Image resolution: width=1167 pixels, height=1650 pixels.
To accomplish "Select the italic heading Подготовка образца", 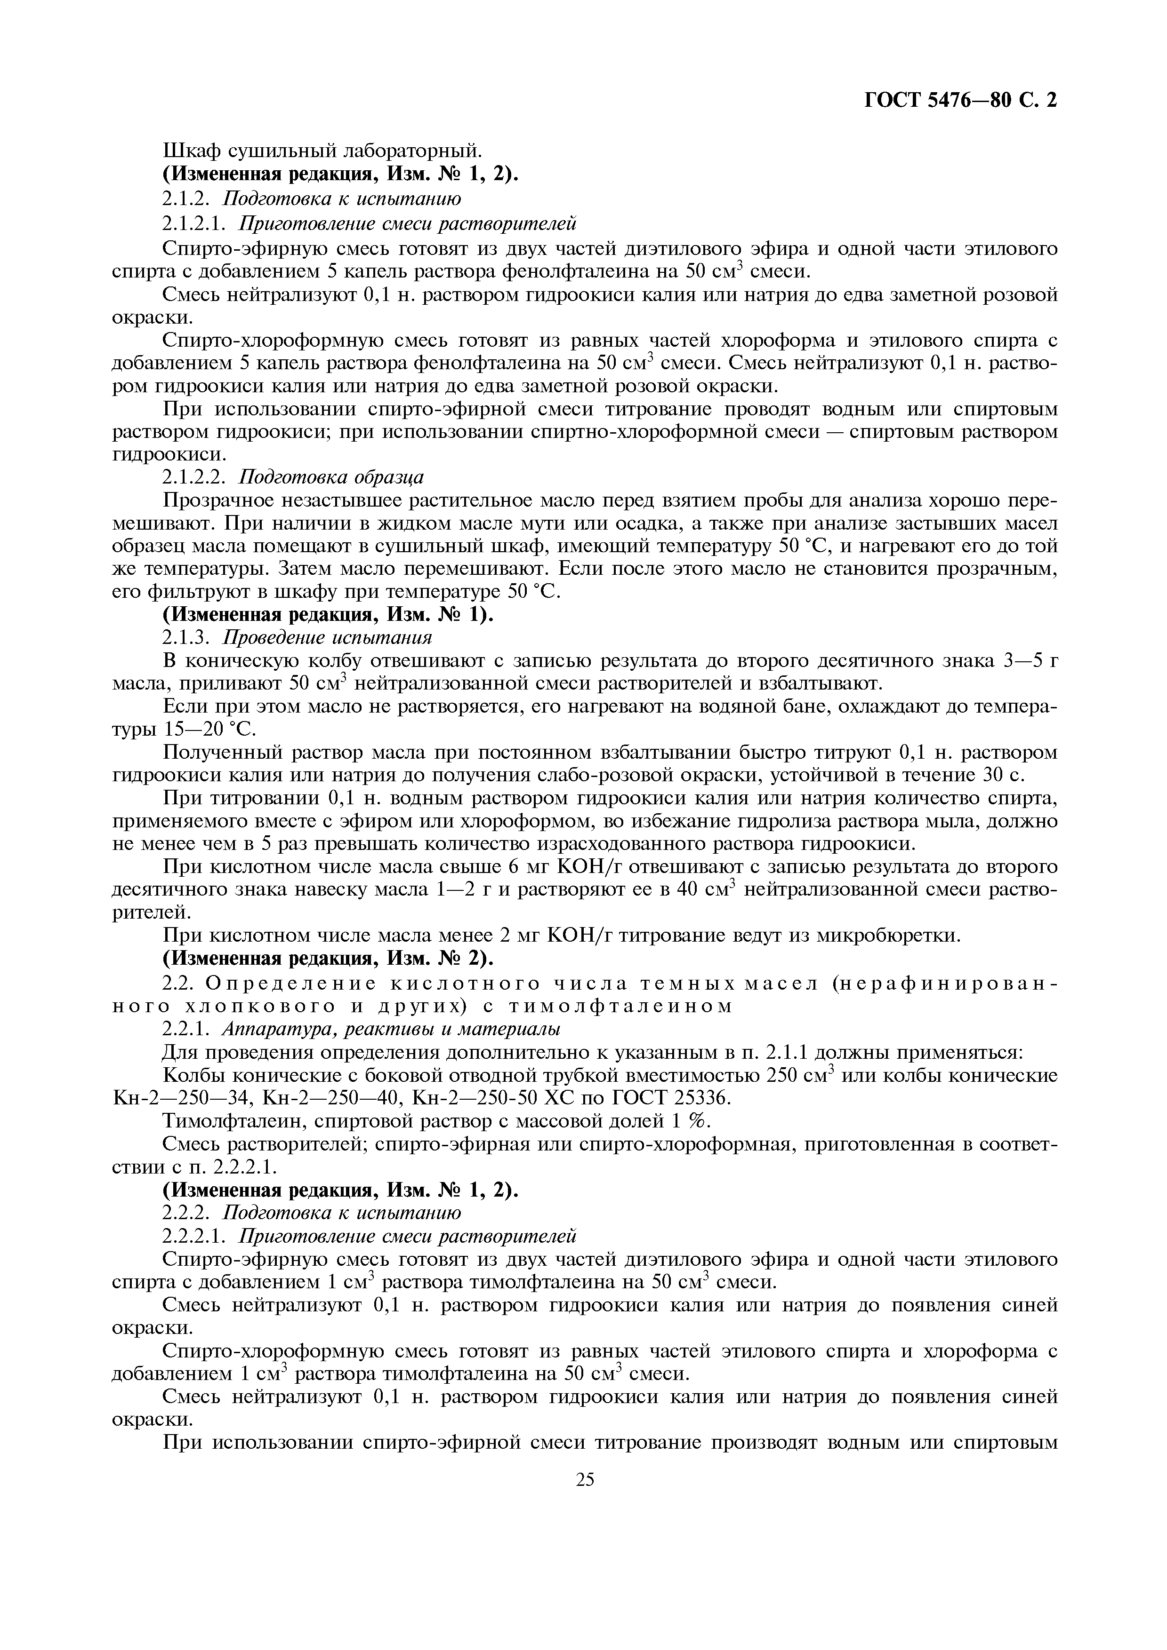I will point(331,477).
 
